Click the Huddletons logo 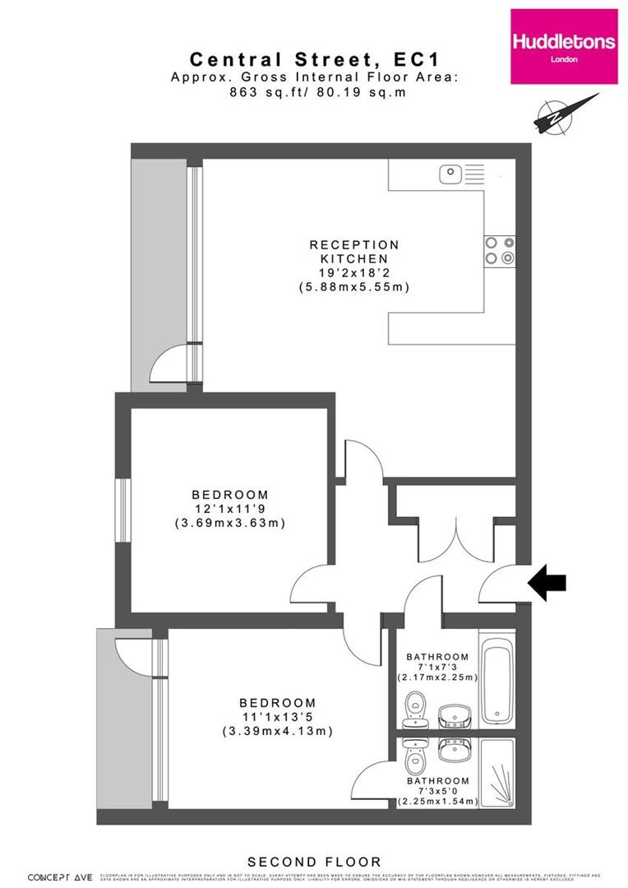click(x=563, y=47)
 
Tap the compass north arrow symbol click(x=566, y=113)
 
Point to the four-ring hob click(x=500, y=250)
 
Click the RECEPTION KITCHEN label click(x=353, y=252)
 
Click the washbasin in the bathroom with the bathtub click(x=453, y=716)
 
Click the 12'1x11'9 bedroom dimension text click(x=229, y=509)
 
